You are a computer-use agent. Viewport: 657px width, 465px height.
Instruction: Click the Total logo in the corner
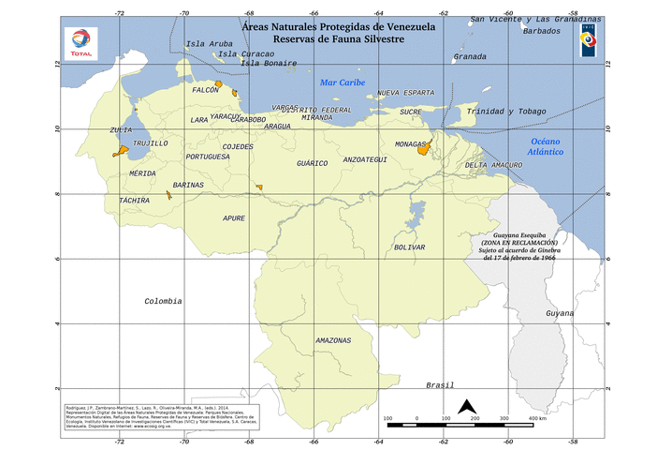click(x=80, y=42)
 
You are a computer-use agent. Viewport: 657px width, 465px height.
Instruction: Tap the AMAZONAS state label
click(x=333, y=339)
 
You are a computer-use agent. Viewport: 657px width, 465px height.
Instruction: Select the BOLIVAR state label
click(x=410, y=247)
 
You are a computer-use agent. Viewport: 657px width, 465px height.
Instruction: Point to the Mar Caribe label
click(x=343, y=82)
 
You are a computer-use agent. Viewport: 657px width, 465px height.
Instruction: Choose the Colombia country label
click(x=163, y=301)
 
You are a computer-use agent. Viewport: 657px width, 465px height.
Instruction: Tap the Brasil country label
click(x=440, y=385)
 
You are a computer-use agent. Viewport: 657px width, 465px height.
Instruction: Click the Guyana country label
click(x=560, y=312)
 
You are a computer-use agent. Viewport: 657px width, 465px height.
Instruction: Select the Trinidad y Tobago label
click(x=506, y=112)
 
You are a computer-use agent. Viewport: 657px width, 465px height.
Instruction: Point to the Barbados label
click(x=542, y=31)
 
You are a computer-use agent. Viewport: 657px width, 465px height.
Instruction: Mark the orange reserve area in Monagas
click(x=423, y=149)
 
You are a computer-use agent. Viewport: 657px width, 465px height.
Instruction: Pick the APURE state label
click(x=234, y=217)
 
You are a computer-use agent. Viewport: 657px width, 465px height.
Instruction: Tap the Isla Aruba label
click(x=209, y=44)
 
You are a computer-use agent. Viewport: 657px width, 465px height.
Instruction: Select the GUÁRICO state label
click(x=313, y=163)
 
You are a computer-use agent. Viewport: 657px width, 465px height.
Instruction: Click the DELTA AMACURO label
click(x=493, y=165)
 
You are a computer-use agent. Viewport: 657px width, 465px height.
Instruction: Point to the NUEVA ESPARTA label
click(x=406, y=94)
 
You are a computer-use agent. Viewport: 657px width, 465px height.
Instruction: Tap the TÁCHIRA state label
click(x=134, y=201)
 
